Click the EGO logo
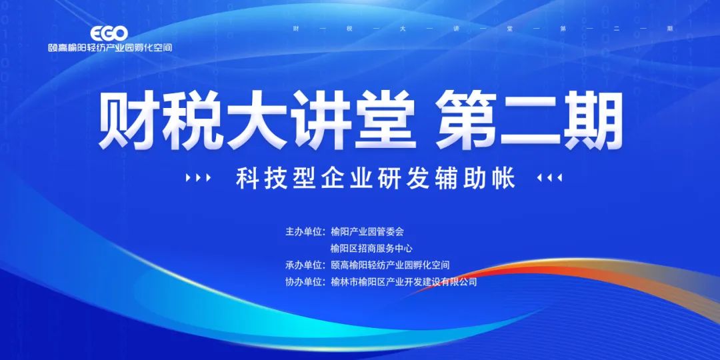(109, 33)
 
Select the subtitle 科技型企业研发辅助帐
(375, 178)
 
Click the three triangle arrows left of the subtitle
(199, 178)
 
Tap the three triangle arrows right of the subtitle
(549, 178)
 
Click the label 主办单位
(305, 231)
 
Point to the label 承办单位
(305, 265)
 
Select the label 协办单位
(305, 282)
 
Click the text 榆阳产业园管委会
(367, 231)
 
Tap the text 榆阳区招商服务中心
(371, 249)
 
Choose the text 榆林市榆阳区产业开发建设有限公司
(403, 282)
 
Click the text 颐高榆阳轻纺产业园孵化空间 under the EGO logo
(110, 47)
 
